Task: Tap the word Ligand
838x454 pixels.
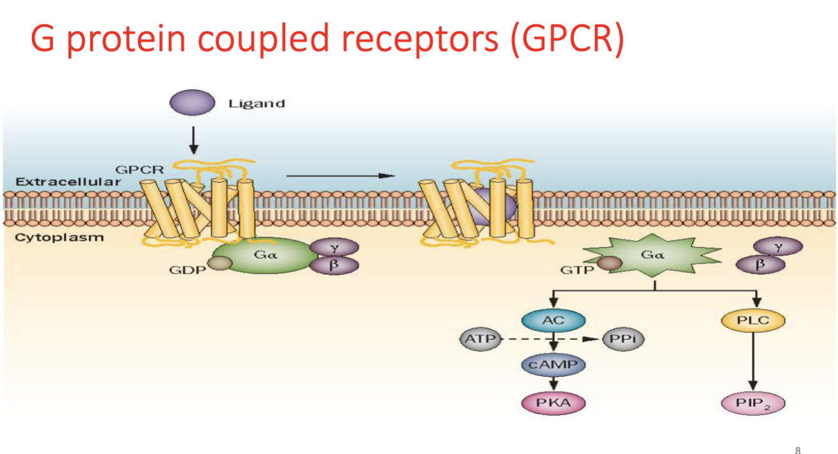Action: pos(256,104)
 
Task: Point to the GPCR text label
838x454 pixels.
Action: pos(139,170)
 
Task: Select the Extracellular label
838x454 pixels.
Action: pos(68,182)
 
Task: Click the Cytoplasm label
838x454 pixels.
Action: pos(50,238)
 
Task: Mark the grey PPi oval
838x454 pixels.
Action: pos(622,339)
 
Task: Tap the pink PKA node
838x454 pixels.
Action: pos(553,403)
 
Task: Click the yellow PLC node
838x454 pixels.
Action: pos(753,321)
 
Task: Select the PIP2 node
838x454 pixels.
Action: pos(753,404)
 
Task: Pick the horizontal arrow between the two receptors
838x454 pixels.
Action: pos(340,175)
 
